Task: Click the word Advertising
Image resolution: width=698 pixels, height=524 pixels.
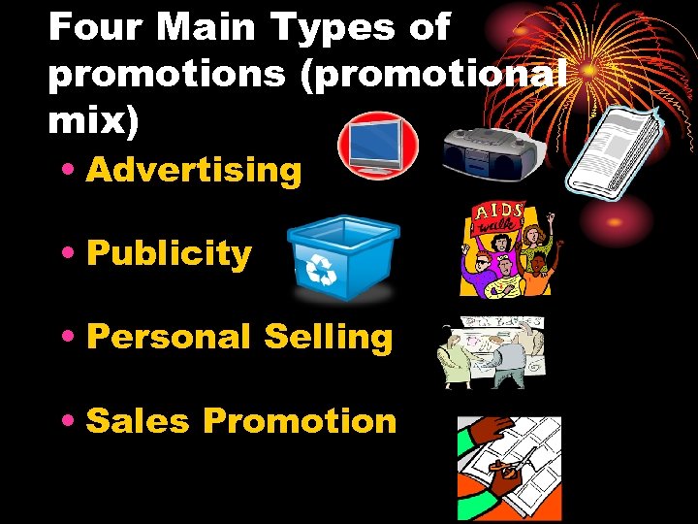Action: point(194,171)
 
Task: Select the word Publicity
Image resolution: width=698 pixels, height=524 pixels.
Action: point(169,254)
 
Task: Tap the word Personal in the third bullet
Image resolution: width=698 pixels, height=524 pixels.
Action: point(169,338)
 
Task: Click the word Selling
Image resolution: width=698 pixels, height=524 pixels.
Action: point(328,338)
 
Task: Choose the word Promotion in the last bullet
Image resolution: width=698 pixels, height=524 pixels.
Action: point(300,421)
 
